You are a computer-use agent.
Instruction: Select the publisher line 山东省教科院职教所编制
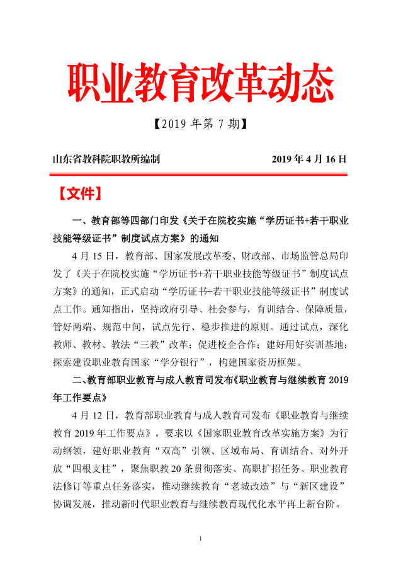click(x=106, y=159)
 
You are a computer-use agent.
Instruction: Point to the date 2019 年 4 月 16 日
click(x=309, y=159)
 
